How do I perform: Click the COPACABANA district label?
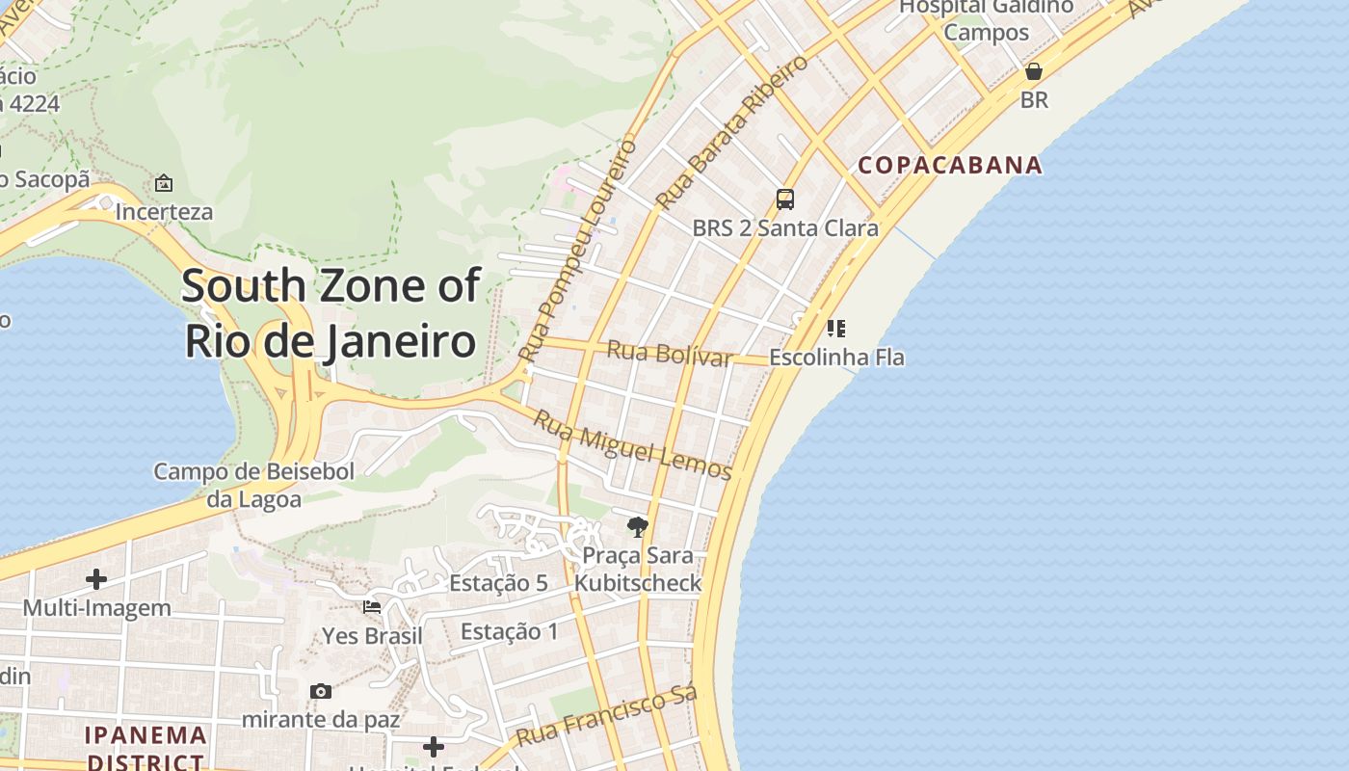coord(950,165)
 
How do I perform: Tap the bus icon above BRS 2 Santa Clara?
coord(785,199)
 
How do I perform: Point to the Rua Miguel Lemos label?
coord(632,444)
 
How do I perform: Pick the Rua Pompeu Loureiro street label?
coord(578,251)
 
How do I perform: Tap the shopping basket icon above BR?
coord(1034,71)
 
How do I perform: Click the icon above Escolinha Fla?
coord(836,329)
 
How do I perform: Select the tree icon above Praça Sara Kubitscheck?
coord(637,526)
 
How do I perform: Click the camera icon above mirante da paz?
coord(321,691)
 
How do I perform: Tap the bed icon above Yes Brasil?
coord(372,607)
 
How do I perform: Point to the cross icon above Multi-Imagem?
coord(96,579)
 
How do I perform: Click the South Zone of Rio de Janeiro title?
coord(331,313)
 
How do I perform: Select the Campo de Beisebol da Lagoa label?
coord(254,485)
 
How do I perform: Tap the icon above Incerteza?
coord(164,183)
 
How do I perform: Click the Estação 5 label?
coord(498,583)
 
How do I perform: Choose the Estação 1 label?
coord(509,631)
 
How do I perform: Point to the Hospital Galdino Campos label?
coord(986,19)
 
